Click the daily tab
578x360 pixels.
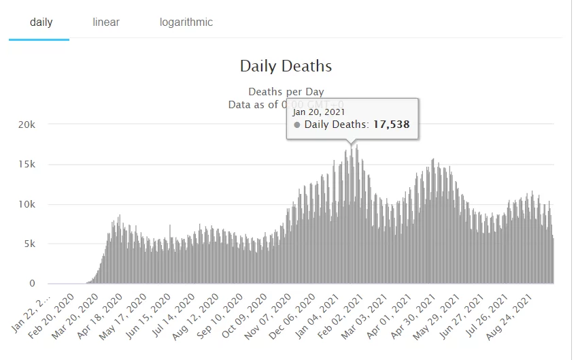click(x=41, y=22)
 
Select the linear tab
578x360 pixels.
click(x=106, y=22)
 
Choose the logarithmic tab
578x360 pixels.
click(x=186, y=22)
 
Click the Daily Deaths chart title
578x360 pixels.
click(x=286, y=66)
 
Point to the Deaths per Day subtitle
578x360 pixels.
click(x=286, y=91)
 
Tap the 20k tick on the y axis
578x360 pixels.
click(x=35, y=125)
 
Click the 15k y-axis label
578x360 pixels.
click(x=35, y=164)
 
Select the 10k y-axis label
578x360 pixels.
click(x=35, y=204)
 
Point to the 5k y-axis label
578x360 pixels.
click(x=38, y=244)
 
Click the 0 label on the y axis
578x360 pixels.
click(x=41, y=283)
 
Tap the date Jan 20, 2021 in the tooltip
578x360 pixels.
click(x=319, y=112)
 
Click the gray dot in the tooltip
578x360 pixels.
click(x=297, y=125)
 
